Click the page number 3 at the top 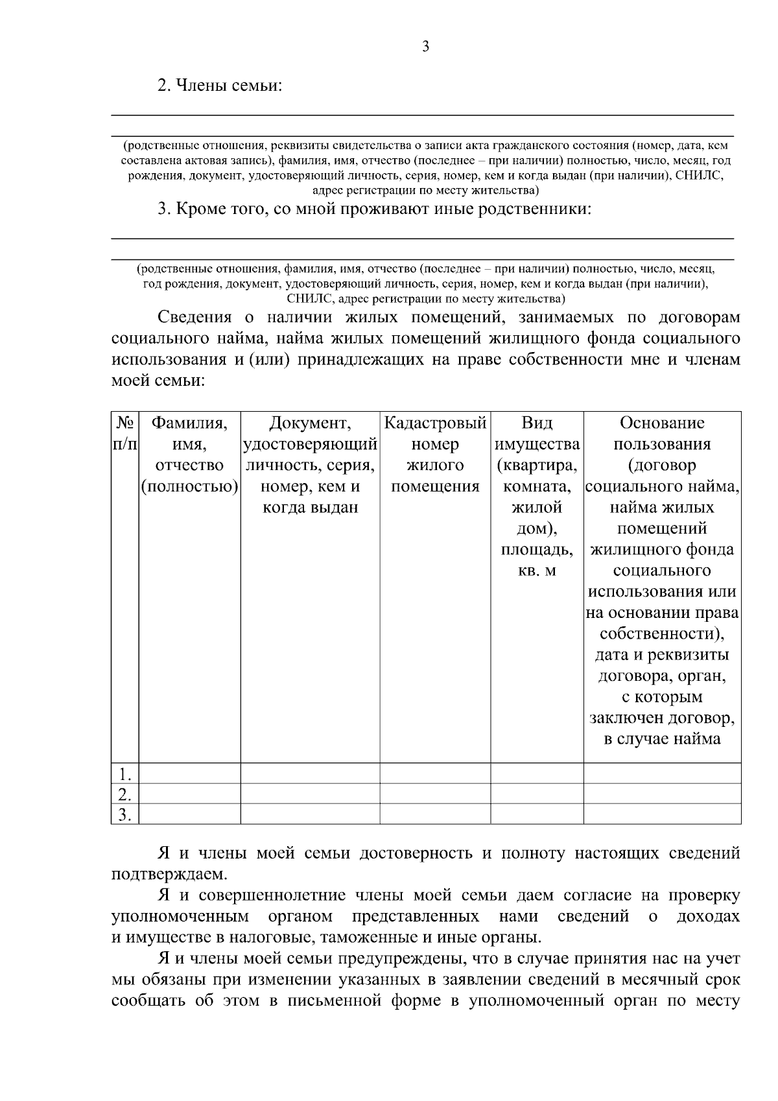click(425, 47)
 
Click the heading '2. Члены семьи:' click(220, 86)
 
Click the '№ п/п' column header click(124, 433)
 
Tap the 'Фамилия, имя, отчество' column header click(189, 455)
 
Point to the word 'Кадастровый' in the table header click(435, 423)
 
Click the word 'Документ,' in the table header click(310, 423)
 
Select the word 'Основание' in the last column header click(661, 423)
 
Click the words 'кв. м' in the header click(536, 571)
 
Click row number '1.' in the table click(124, 774)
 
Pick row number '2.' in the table click(124, 794)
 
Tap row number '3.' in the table click(124, 814)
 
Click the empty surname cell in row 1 click(189, 774)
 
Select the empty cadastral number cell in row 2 click(435, 794)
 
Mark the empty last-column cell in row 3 click(661, 814)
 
